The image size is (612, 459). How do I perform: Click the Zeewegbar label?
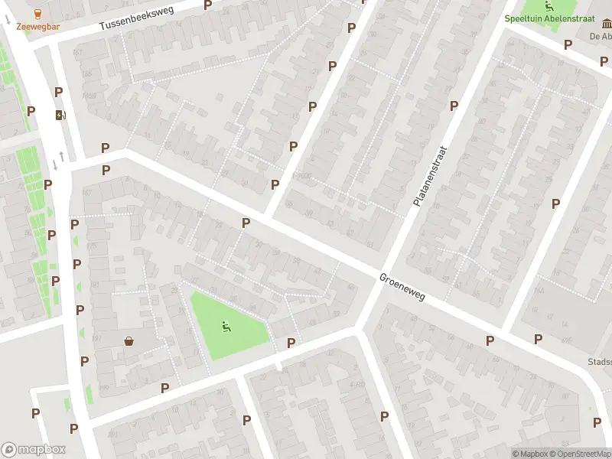pyautogui.click(x=38, y=26)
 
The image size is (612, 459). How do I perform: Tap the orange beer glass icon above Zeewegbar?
pyautogui.click(x=38, y=13)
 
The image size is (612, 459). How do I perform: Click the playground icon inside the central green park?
pyautogui.click(x=226, y=327)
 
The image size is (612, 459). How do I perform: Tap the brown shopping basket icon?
pyautogui.click(x=129, y=340)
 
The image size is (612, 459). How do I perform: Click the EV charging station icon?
pyautogui.click(x=60, y=116)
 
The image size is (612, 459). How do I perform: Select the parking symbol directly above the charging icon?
pyautogui.click(x=58, y=92)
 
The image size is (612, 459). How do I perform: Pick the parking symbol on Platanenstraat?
pyautogui.click(x=454, y=106)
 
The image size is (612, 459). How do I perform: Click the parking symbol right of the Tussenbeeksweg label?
pyautogui.click(x=208, y=5)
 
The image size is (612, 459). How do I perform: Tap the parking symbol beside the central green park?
pyautogui.click(x=291, y=343)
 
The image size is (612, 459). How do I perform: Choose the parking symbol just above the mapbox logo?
pyautogui.click(x=35, y=413)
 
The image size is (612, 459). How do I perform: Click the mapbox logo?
pyautogui.click(x=33, y=450)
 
